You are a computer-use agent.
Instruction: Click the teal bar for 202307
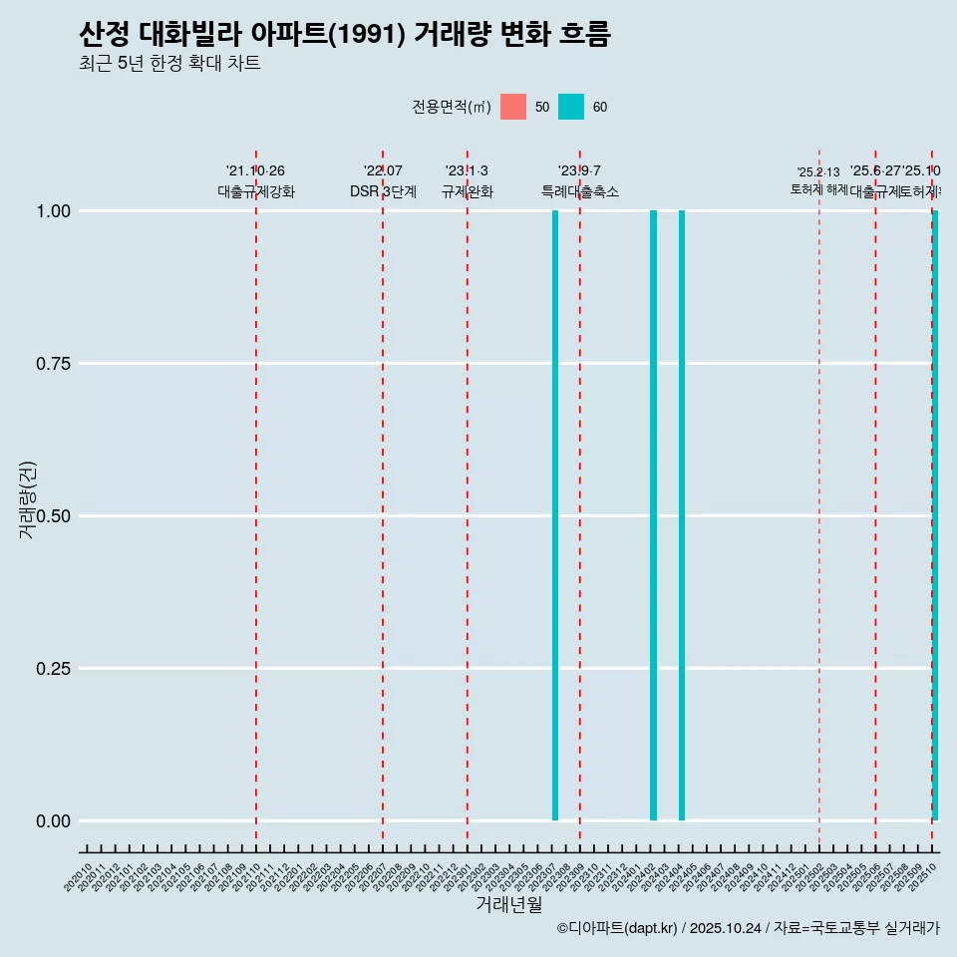tap(555, 515)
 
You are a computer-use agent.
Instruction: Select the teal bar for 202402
tap(653, 515)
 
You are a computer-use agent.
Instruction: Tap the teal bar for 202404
tap(682, 515)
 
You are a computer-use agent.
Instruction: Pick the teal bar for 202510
tap(935, 515)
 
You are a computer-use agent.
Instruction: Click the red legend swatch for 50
tap(513, 107)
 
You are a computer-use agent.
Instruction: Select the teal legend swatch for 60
tap(571, 107)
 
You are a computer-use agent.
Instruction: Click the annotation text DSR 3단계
tap(383, 191)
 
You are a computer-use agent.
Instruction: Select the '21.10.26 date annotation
tap(255, 171)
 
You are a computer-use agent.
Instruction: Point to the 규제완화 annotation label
tap(467, 191)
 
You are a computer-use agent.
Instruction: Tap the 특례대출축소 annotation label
tap(580, 191)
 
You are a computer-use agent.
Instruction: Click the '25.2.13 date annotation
tap(818, 172)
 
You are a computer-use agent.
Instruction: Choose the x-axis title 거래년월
tap(508, 904)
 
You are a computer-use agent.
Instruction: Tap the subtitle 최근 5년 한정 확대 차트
tap(169, 64)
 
